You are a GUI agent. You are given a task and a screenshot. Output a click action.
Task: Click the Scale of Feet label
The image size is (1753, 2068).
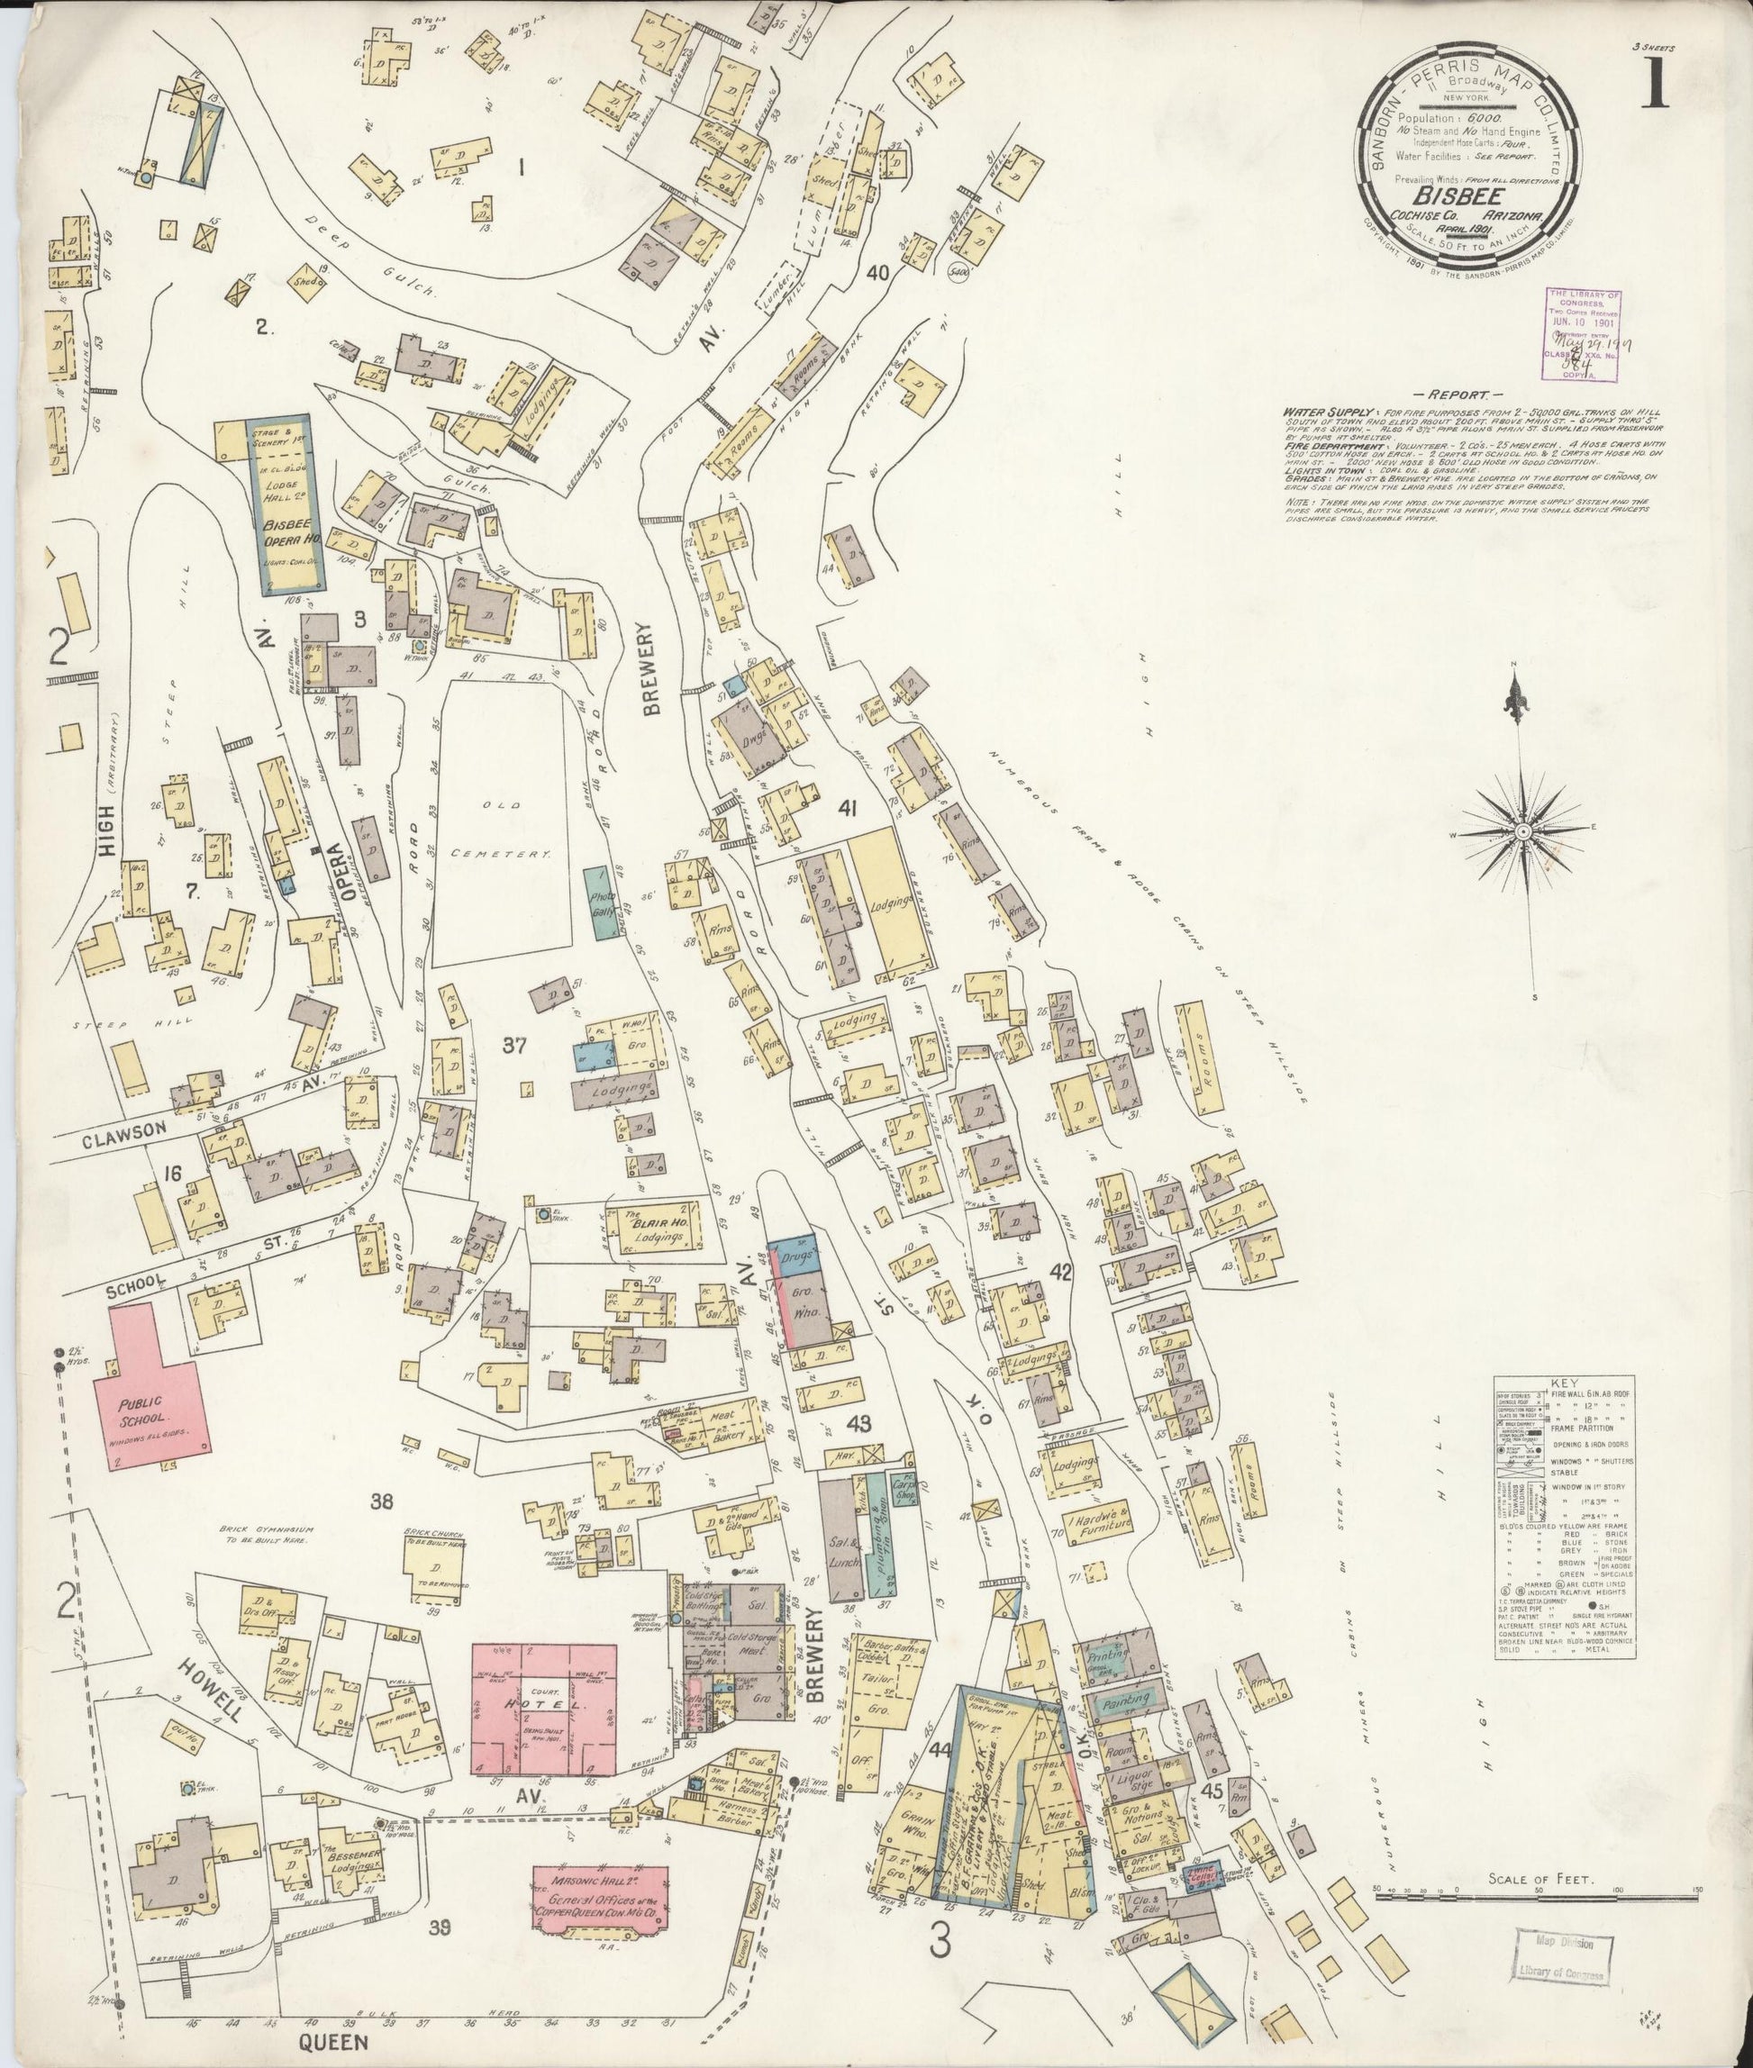(1540, 1879)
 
